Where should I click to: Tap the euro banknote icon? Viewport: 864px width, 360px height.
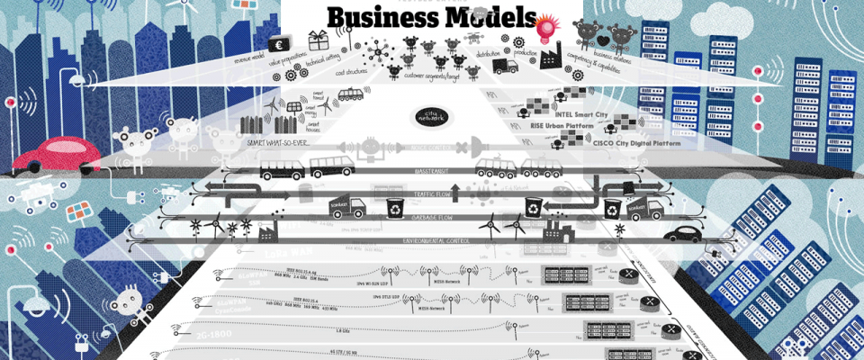tap(279, 44)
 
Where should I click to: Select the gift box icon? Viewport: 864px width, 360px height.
tap(318, 39)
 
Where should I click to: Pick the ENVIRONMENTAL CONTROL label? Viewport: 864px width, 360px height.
tap(437, 241)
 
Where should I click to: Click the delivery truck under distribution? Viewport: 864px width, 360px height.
tap(505, 66)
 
